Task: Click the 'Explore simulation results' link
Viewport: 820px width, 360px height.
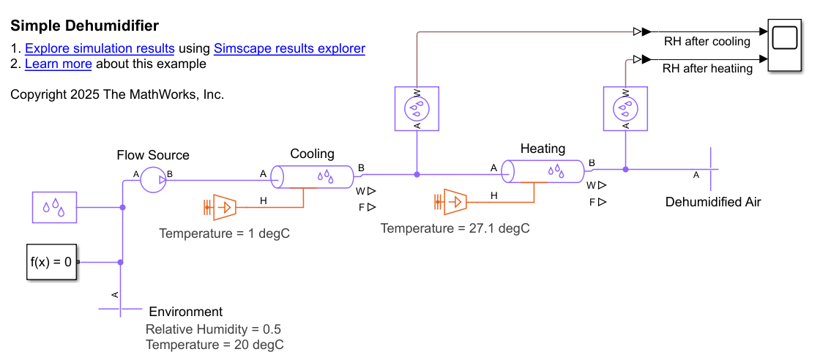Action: click(x=100, y=49)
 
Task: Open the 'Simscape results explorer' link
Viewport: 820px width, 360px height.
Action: click(x=289, y=49)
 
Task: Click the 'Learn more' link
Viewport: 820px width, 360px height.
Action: click(x=59, y=64)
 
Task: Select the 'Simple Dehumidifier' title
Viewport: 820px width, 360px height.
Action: click(x=84, y=26)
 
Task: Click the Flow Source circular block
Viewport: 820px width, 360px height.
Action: click(x=153, y=179)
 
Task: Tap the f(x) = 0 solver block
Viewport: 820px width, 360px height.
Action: click(x=52, y=261)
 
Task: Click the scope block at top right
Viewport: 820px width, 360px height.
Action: click(x=789, y=46)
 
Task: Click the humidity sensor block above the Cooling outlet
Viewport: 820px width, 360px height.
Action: click(x=417, y=109)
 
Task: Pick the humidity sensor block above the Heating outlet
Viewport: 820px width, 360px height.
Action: click(x=625, y=108)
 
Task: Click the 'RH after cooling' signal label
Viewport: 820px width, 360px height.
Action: click(x=707, y=42)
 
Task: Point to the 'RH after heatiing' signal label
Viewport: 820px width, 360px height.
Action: click(x=707, y=69)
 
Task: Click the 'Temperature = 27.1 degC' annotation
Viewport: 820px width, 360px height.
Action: click(x=455, y=228)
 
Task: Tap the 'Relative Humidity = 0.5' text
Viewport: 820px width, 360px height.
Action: click(x=213, y=329)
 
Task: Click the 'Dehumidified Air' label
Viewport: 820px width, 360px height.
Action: click(x=713, y=202)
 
